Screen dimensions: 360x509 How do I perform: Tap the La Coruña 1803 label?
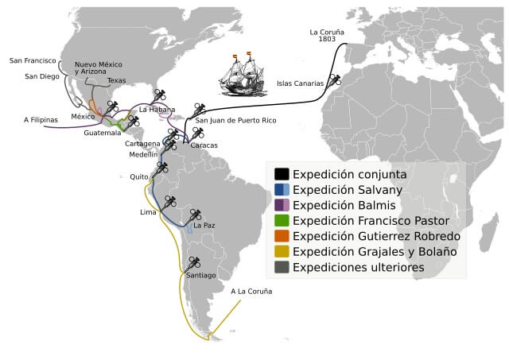(328, 35)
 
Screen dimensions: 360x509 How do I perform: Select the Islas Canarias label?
(300, 83)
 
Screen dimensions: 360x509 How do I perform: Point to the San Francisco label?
(33, 60)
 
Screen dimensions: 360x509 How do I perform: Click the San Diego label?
(41, 77)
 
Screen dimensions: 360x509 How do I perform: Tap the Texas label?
(116, 80)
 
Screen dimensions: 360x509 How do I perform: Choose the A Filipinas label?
(41, 120)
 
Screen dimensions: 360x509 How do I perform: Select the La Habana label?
(157, 109)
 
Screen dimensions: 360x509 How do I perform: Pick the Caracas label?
(204, 145)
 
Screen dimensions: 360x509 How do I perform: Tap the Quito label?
(139, 177)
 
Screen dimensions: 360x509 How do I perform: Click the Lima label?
(148, 212)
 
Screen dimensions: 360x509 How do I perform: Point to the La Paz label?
(204, 226)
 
